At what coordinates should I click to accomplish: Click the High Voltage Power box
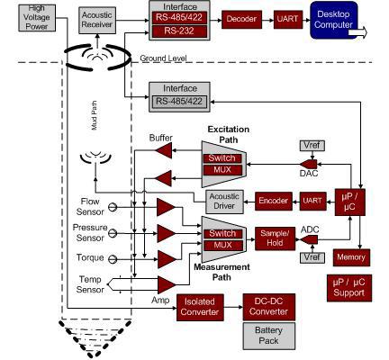37,18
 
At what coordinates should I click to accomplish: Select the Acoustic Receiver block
97,20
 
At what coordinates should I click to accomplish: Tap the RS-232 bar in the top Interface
179,31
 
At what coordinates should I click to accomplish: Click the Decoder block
241,20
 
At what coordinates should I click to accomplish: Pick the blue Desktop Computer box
334,20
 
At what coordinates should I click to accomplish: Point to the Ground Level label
163,58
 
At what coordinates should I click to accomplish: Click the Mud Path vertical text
95,115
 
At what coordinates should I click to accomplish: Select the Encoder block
274,201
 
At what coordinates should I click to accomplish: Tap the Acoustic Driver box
224,202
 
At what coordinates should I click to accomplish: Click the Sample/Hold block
275,238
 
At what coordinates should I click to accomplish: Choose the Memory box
351,257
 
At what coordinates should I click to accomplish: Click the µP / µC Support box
349,288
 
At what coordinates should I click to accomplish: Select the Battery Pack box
268,336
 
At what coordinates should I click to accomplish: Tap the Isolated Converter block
200,308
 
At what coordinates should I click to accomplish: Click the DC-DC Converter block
269,307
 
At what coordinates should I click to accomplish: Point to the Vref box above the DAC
312,146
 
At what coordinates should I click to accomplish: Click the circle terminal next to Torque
113,259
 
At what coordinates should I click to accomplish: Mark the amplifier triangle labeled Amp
167,284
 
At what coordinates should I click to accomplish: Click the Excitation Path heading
229,135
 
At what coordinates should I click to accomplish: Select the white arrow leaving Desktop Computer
357,32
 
